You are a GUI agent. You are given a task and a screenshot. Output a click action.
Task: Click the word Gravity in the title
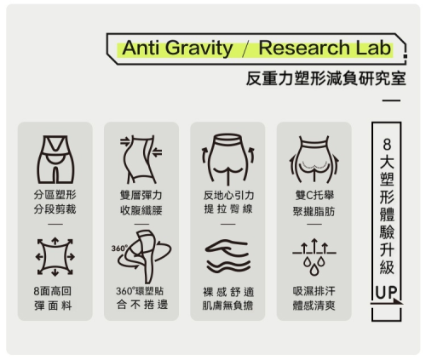(199, 49)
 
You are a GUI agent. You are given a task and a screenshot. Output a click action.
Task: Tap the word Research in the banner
(304, 48)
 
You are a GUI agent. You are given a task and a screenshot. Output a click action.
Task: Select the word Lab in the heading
(373, 48)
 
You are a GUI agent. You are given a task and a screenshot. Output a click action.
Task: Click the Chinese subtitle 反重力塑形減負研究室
(326, 78)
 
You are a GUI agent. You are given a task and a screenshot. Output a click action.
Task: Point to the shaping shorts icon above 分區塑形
(55, 159)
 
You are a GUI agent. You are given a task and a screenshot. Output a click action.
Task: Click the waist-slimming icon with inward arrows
(141, 159)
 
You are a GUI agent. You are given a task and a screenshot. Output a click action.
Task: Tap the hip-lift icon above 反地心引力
(228, 159)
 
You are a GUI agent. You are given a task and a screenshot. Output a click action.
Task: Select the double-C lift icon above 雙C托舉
(314, 159)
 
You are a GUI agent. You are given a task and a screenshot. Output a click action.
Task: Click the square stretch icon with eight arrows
(55, 257)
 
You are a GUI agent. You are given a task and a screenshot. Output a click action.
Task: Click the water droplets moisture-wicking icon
(314, 257)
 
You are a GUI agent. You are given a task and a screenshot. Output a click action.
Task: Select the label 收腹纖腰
(141, 210)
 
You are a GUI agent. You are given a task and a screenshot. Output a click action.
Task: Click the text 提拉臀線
(228, 209)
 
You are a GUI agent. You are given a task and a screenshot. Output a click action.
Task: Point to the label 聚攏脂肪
(314, 211)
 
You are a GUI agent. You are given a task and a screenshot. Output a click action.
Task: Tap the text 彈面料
(53, 306)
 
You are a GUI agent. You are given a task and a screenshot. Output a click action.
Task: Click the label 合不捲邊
(142, 305)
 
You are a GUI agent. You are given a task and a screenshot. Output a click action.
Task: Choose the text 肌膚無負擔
(227, 306)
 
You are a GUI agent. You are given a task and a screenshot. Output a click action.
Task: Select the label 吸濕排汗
(314, 291)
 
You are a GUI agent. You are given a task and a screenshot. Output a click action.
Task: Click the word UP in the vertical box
(386, 292)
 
